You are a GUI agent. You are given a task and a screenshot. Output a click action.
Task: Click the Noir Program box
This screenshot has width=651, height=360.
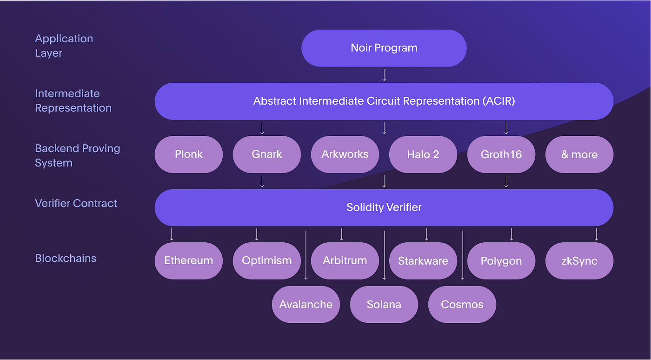[x=384, y=48]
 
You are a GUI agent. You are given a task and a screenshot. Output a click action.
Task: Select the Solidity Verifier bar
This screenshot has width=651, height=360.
[x=384, y=207]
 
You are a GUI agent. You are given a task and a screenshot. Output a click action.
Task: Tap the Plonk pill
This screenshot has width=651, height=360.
[x=189, y=154]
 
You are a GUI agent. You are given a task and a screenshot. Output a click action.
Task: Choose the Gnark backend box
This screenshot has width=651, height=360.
[x=267, y=154]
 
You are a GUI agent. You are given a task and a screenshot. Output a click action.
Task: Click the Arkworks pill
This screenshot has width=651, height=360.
[x=345, y=154]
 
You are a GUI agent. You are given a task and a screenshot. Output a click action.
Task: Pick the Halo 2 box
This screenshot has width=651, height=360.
[x=423, y=154]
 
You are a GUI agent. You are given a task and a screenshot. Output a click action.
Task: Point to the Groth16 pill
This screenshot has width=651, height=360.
[x=501, y=154]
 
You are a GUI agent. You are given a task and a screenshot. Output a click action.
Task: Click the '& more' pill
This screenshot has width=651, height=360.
[x=579, y=154]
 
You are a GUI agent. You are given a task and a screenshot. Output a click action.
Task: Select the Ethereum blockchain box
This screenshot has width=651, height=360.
[x=189, y=261]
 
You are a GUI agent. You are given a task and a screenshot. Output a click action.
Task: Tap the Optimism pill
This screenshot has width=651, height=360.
[x=267, y=261]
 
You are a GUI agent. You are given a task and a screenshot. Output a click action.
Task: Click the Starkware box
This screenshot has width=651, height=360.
[x=423, y=261]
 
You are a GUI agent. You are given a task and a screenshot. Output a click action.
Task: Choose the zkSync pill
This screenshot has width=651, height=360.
[x=579, y=261]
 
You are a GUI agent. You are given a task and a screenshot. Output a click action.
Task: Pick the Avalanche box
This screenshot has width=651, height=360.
[x=306, y=305]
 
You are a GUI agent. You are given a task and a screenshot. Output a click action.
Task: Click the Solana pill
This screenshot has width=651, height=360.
[x=384, y=305]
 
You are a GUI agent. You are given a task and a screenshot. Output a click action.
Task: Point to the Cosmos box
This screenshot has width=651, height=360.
[x=462, y=305]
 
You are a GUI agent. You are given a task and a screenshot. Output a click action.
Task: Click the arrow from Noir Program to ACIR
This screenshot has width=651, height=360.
[x=384, y=75]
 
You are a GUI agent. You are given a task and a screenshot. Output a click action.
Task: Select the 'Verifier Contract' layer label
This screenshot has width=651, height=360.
[x=76, y=203]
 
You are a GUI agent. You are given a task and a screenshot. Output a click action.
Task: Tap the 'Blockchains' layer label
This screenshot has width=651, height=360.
[x=66, y=258]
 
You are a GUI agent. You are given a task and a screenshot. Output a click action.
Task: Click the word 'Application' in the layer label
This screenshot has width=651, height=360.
[x=64, y=39]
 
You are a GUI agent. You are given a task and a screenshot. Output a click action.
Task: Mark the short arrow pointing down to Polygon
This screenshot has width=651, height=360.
[x=511, y=234]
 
